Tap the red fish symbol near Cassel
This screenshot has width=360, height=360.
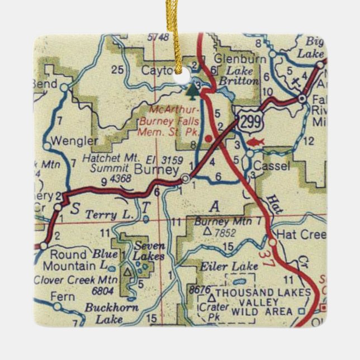tap(254, 143)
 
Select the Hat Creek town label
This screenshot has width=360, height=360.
tap(301, 234)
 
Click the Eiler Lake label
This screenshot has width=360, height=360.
tap(220, 266)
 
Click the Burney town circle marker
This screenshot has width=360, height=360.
tap(186, 179)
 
